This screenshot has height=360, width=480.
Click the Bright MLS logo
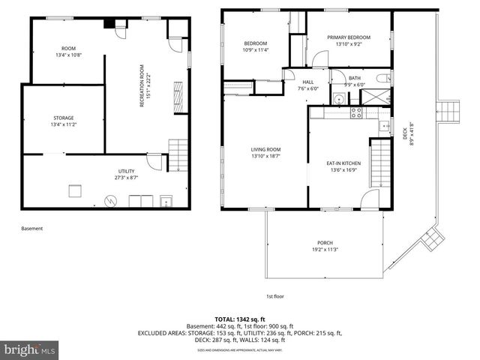(30, 349)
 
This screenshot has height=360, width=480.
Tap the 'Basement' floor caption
(32, 229)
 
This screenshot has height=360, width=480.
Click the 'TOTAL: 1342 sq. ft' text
(240, 319)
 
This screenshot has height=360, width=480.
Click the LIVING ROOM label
(265, 153)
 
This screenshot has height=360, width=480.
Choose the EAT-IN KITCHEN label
(343, 166)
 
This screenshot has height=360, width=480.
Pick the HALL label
(307, 85)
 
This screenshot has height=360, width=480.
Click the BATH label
(355, 81)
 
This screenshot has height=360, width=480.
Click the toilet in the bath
(382, 78)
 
